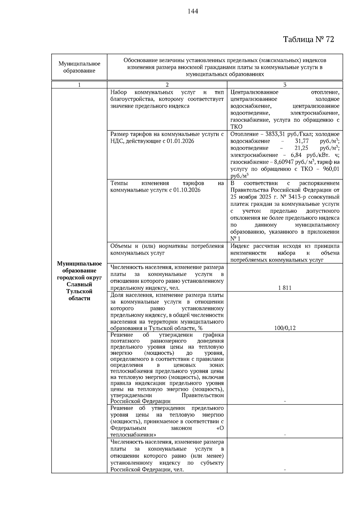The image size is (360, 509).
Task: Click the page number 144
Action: pos(193,11)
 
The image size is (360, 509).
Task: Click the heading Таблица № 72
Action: pos(308,39)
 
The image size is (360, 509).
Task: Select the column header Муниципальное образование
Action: pos(79,67)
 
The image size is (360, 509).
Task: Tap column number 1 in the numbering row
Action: pos(79,85)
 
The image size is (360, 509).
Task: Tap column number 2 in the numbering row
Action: pos(167,85)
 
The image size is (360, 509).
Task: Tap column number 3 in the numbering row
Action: pos(285,85)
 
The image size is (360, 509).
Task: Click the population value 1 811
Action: pos(285,288)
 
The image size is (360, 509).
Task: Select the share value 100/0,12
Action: pos(285,328)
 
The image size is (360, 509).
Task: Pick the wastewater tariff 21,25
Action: pos(302,148)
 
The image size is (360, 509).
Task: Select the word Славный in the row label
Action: pos(79,284)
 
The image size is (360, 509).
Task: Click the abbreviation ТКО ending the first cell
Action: pos(236,127)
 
